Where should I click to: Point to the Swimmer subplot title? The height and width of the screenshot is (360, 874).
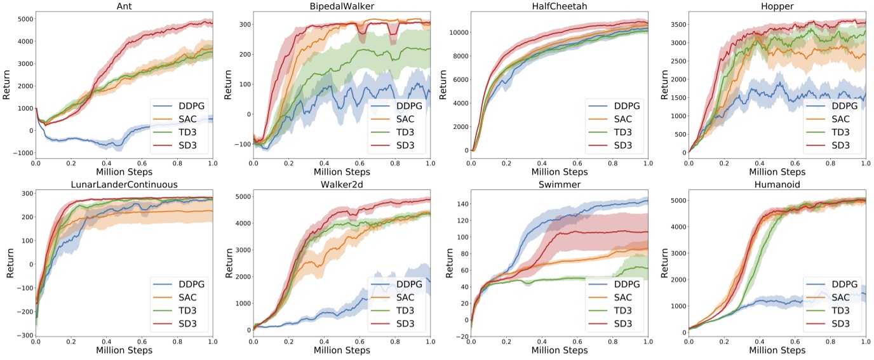tap(560, 184)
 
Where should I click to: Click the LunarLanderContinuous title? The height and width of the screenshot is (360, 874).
tap(124, 184)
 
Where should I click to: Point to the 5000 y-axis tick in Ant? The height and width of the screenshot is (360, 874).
tap(23, 19)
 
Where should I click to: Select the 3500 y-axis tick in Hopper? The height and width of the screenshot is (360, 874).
tap(675, 25)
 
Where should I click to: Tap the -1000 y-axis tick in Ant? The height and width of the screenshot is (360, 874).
tap(21, 153)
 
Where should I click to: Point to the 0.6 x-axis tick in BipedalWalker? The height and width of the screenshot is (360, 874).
tap(360, 164)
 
